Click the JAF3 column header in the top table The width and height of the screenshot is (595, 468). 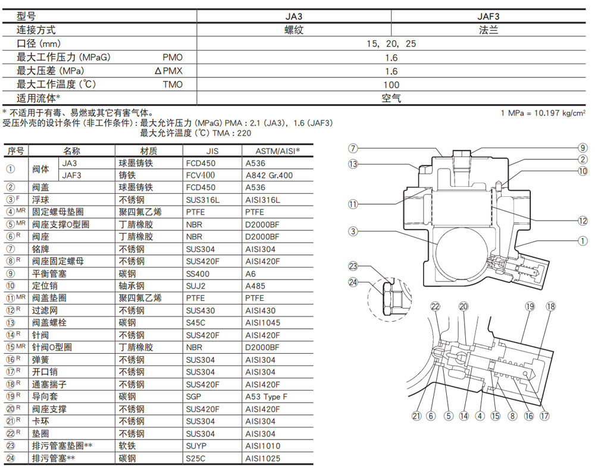[488, 17]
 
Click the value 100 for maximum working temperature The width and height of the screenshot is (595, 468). [391, 84]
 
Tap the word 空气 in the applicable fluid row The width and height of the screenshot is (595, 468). [391, 98]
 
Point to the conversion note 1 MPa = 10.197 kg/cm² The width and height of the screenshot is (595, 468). [543, 113]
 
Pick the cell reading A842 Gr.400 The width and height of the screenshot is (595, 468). [269, 175]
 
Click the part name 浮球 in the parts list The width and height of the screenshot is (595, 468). [40, 200]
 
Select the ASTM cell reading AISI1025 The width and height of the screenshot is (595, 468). [262, 458]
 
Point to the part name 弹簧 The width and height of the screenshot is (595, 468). [40, 360]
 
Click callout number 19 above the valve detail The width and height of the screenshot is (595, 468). [530, 307]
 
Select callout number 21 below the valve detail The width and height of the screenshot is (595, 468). [416, 416]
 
